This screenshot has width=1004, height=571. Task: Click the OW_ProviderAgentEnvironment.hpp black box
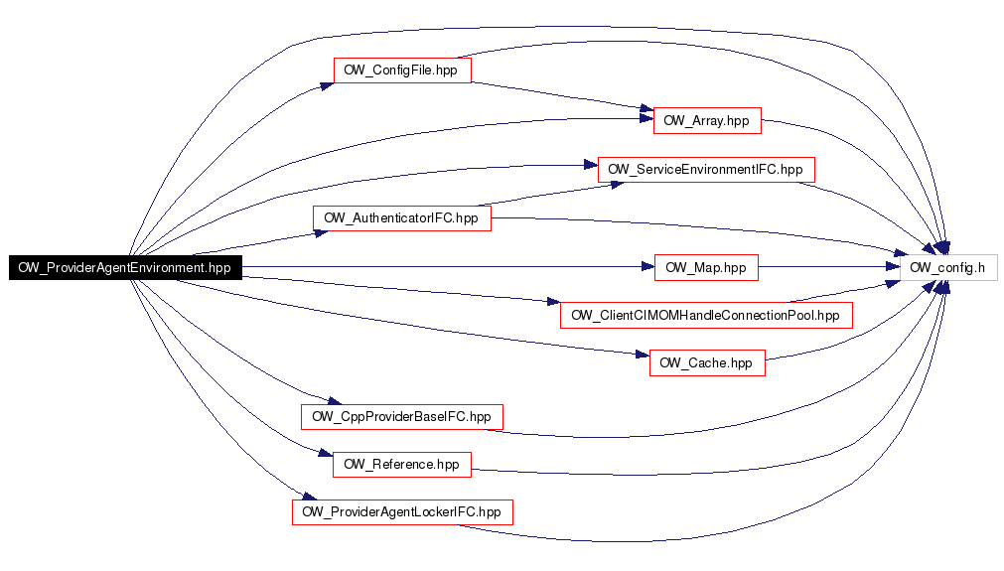tap(125, 267)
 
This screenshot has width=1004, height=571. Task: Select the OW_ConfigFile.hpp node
tap(402, 71)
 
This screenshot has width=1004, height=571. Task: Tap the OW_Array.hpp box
tap(707, 121)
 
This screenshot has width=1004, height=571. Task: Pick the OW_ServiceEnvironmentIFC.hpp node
tap(706, 170)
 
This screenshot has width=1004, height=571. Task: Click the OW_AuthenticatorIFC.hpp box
tap(401, 218)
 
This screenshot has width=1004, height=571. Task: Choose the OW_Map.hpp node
tap(706, 267)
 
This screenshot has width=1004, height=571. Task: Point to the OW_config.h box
tap(948, 267)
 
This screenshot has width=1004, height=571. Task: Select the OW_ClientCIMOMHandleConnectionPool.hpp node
tap(706, 316)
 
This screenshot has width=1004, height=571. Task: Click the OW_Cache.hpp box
tap(707, 362)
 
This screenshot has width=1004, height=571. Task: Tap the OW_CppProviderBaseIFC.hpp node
tap(401, 417)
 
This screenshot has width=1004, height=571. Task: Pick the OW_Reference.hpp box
tap(401, 465)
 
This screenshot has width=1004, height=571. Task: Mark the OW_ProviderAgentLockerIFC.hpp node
tap(402, 512)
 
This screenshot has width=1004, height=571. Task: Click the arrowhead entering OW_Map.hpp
tap(647, 267)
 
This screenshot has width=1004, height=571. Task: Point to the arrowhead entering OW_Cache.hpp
tap(643, 354)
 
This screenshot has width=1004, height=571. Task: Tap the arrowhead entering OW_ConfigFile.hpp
tap(327, 85)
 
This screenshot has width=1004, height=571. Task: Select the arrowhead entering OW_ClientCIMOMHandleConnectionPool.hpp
tap(553, 301)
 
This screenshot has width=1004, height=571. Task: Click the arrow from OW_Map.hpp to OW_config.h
tap(829, 267)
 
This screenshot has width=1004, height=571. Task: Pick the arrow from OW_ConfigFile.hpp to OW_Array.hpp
tap(562, 96)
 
